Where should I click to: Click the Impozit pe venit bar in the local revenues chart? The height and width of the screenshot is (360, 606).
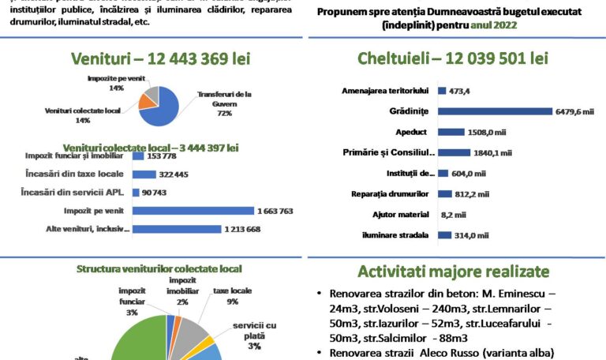pos(193,211)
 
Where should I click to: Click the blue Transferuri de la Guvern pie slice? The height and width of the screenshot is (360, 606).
pos(166,111)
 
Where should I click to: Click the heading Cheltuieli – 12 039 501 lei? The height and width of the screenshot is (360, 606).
pos(453,58)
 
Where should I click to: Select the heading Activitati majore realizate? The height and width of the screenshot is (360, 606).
pos(454,272)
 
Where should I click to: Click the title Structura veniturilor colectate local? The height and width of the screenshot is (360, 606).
pos(159,269)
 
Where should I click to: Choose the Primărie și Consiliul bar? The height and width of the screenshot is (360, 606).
pos(454,152)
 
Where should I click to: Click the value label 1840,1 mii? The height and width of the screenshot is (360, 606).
pos(493,152)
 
